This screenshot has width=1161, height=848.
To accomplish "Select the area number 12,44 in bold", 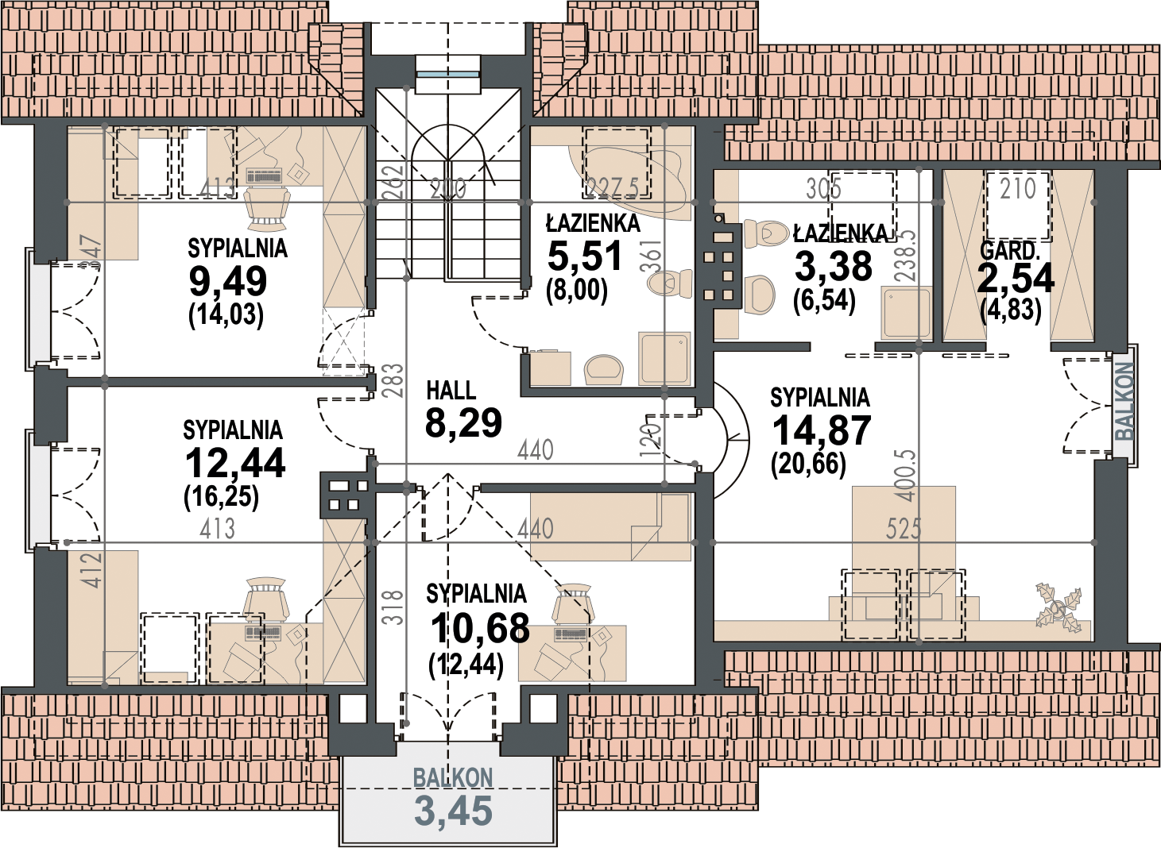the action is click(x=234, y=464).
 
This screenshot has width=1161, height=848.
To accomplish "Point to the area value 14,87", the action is click(x=822, y=430).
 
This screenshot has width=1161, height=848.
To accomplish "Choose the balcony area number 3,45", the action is click(x=454, y=811).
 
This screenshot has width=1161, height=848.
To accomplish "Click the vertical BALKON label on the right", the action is click(x=1124, y=402).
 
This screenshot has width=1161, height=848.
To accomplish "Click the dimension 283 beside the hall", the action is click(x=395, y=381).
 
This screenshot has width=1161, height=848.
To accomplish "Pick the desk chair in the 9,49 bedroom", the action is click(x=268, y=208).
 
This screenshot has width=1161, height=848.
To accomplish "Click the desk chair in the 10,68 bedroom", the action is click(x=573, y=604).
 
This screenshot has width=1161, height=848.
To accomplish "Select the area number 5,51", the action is click(x=585, y=257).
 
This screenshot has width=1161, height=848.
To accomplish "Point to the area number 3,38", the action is click(x=833, y=266).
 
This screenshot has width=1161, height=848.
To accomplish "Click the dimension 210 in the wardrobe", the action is click(x=1018, y=188).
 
